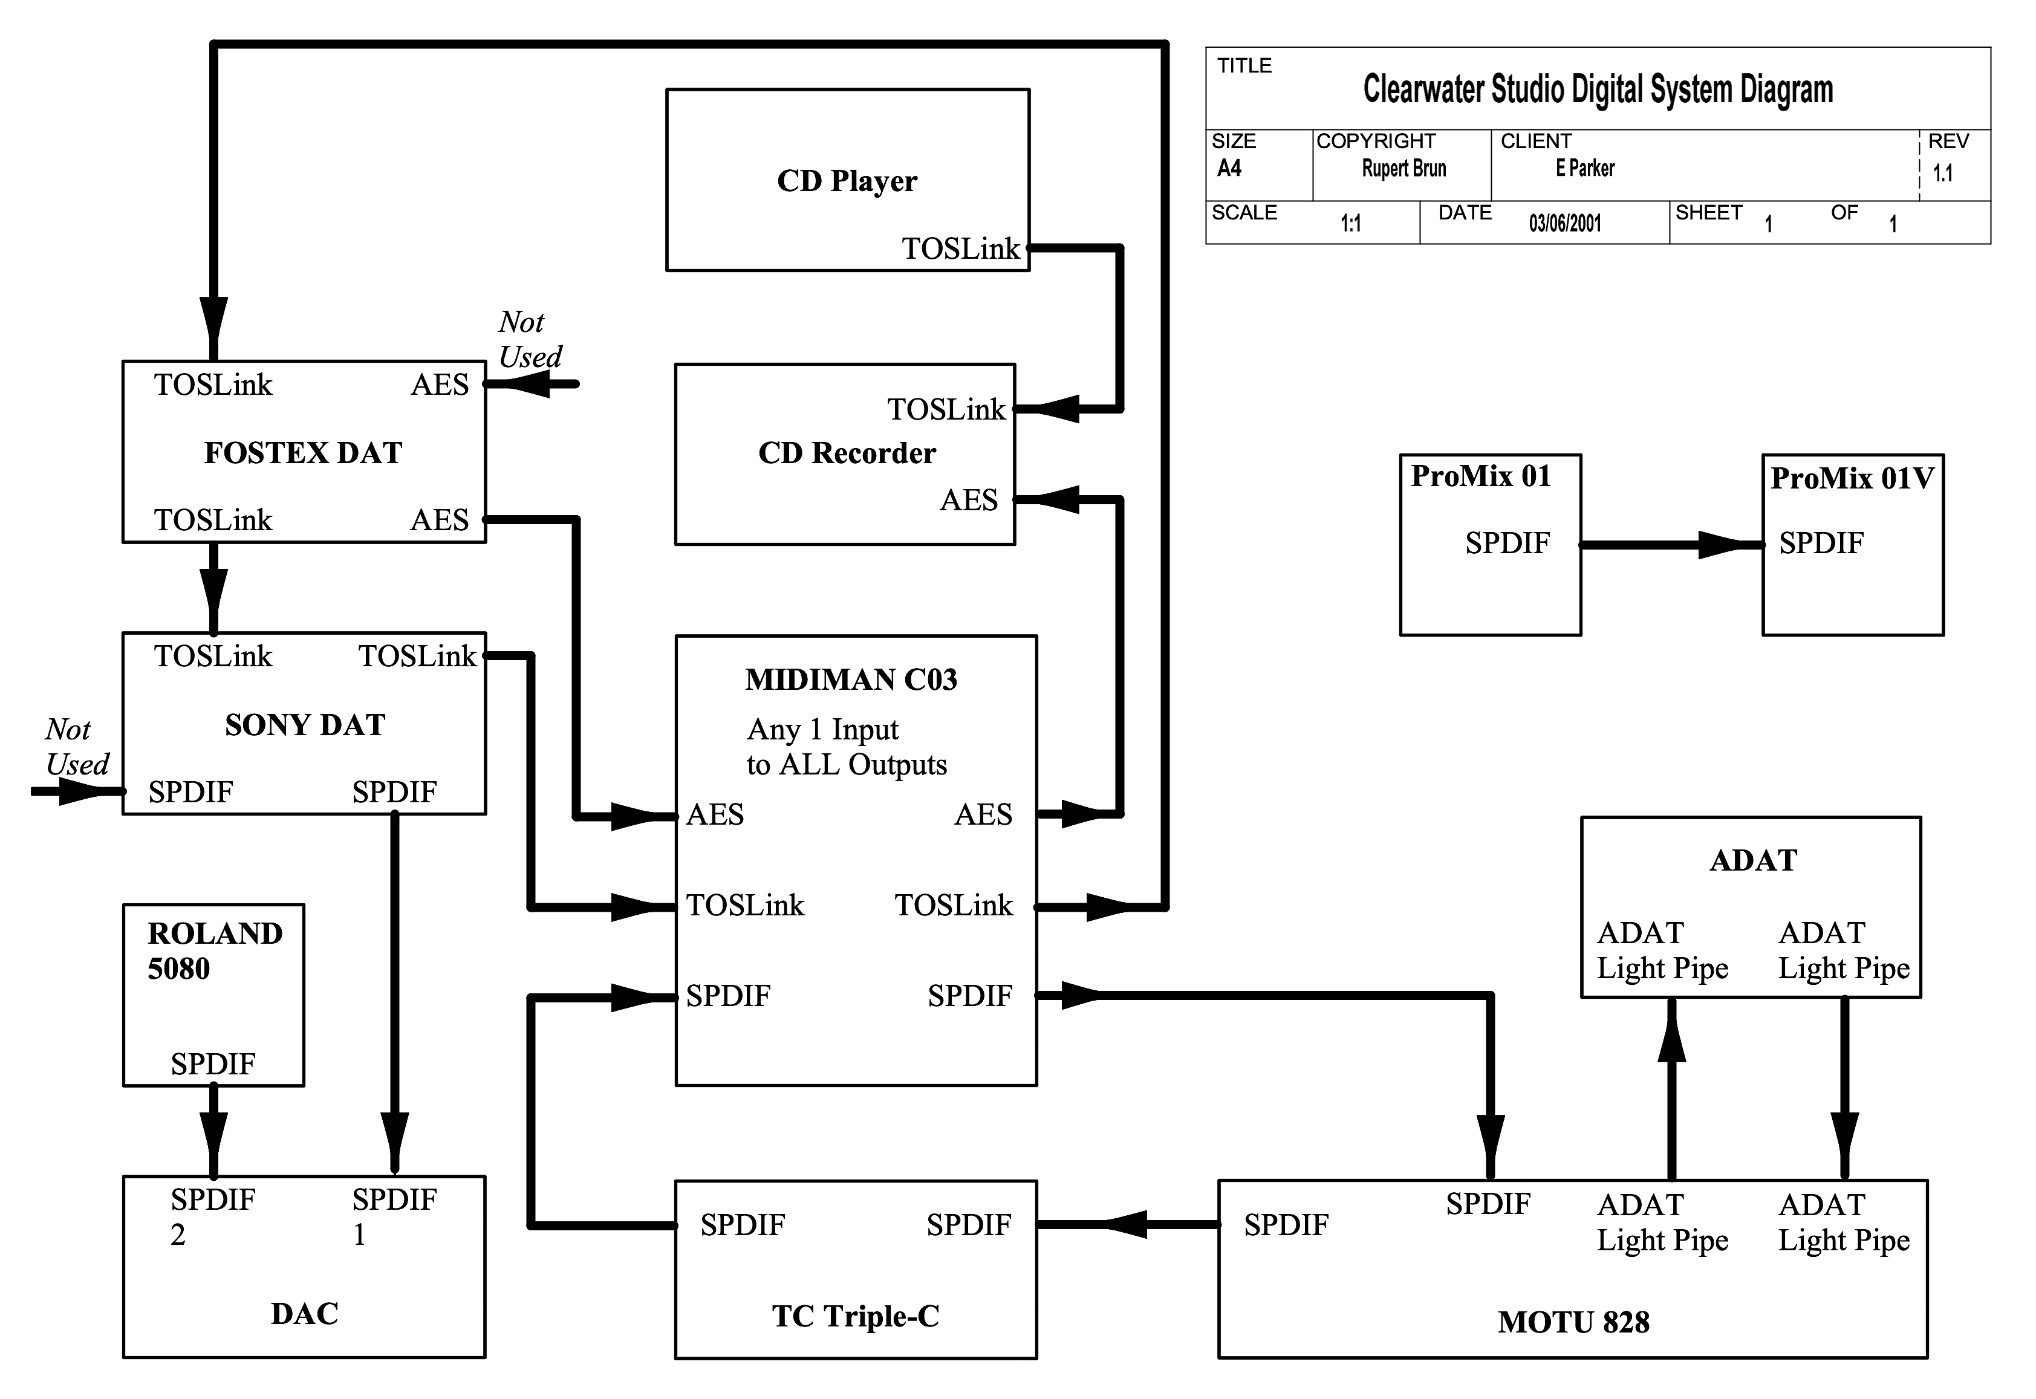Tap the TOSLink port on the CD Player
pyautogui.click(x=960, y=249)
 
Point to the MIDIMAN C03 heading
pyautogui.click(x=851, y=680)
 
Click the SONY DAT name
pyautogui.click(x=304, y=725)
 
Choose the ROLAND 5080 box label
pyautogui.click(x=215, y=951)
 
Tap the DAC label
pyautogui.click(x=304, y=1313)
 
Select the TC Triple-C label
pyautogui.click(x=855, y=1316)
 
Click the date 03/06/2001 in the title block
pyautogui.click(x=1564, y=224)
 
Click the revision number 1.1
pyautogui.click(x=1942, y=173)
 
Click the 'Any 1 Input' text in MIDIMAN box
pyautogui.click(x=822, y=729)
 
